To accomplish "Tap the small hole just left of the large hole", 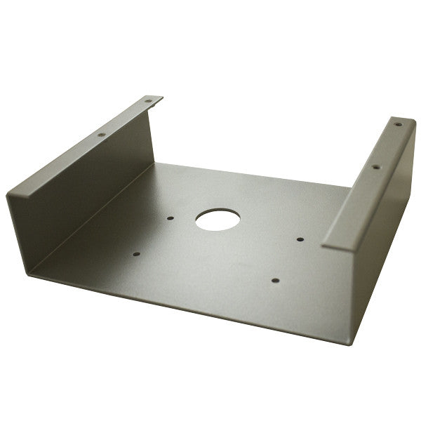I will (x=171, y=218).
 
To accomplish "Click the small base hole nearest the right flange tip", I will (x=300, y=240).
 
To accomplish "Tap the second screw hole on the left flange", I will (x=100, y=133).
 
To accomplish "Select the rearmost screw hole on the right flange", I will (x=398, y=125).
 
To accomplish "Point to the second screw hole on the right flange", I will (x=375, y=167).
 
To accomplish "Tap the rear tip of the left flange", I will (x=161, y=98).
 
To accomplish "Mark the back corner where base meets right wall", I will (x=349, y=188).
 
